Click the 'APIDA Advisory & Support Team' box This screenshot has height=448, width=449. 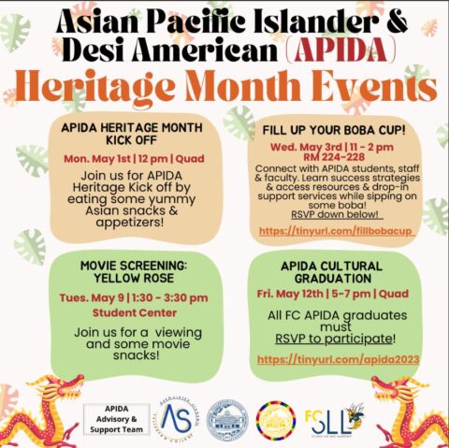[118, 418]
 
